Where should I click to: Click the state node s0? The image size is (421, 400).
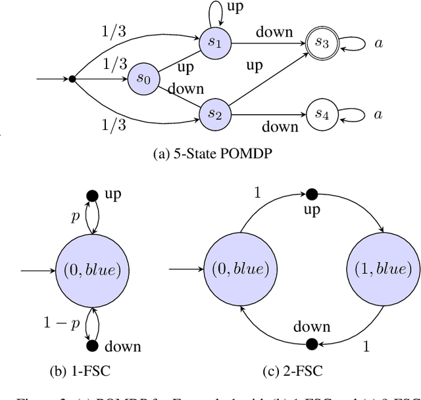(143, 79)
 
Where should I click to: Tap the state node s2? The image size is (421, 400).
(215, 113)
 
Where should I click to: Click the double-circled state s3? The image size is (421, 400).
(322, 44)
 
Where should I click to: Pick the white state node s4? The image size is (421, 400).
(322, 114)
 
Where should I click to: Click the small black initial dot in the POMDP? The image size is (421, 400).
(72, 79)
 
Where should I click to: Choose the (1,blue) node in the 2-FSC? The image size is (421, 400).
(382, 269)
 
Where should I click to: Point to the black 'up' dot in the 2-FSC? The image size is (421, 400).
(311, 194)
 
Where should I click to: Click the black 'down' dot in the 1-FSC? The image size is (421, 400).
(92, 345)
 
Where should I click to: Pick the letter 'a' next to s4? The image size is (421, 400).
(378, 114)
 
